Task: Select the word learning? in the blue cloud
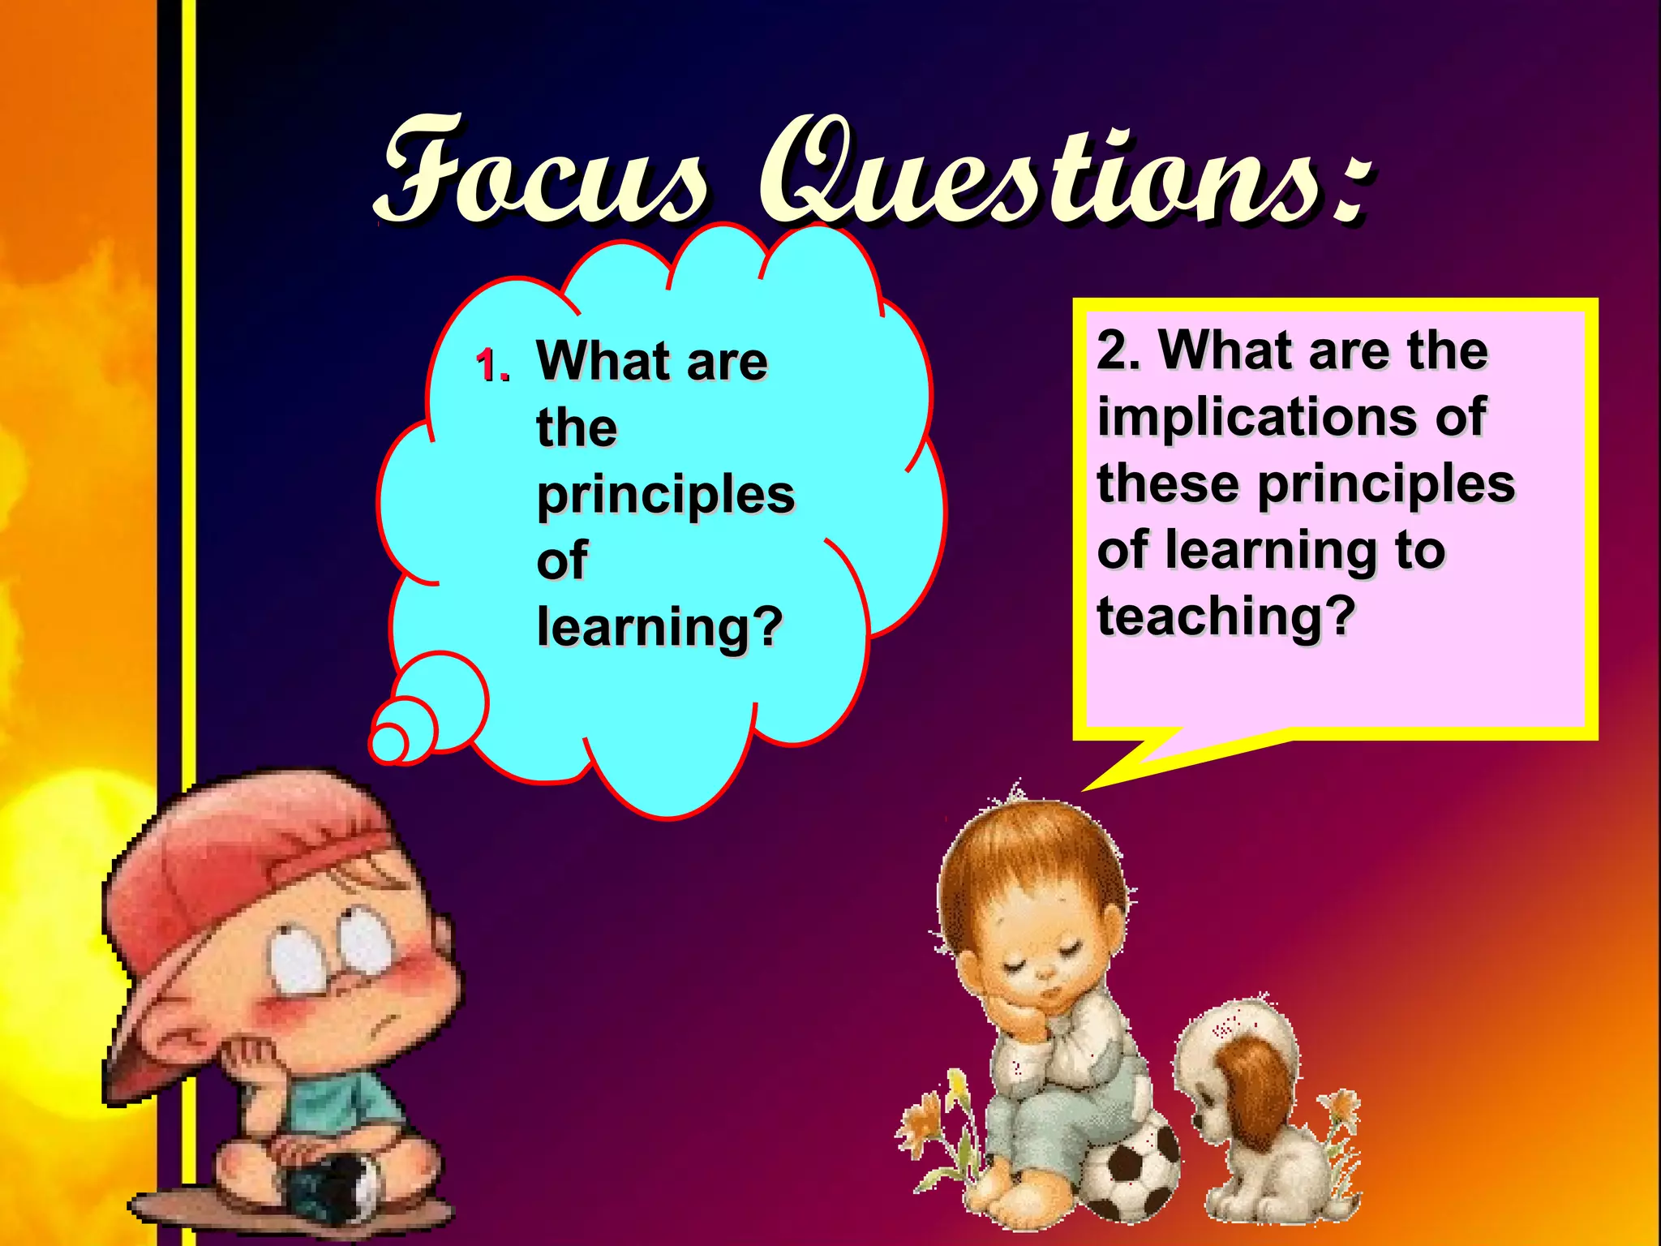click(659, 627)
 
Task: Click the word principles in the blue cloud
click(665, 495)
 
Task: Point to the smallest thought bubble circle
click(389, 742)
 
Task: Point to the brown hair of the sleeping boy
click(1030, 860)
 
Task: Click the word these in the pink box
click(1168, 483)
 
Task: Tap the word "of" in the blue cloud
click(561, 561)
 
